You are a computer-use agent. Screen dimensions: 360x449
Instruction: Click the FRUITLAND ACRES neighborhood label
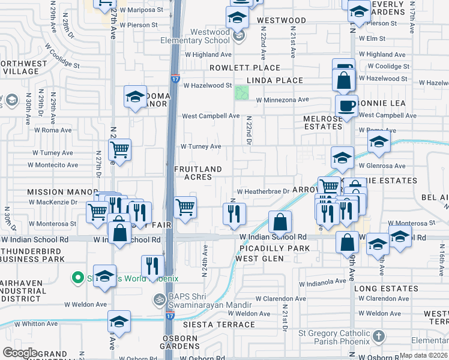[198, 173]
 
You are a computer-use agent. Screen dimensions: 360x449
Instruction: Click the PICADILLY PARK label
[274, 248]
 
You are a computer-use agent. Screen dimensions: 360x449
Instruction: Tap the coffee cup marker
[347, 106]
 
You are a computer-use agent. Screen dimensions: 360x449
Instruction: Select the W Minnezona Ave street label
[282, 100]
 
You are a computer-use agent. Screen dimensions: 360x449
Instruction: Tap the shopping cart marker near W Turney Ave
[120, 149]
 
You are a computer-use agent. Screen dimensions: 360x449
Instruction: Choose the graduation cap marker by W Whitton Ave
[119, 322]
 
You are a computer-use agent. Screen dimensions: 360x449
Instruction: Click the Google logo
[20, 353]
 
